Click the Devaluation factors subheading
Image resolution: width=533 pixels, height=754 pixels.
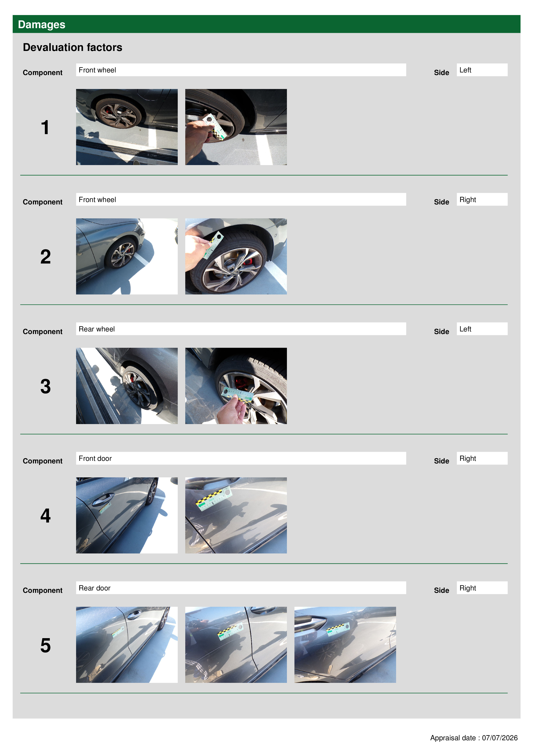click(73, 47)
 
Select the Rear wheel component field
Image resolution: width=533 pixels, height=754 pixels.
click(241, 329)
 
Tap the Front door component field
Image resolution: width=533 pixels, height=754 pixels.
click(241, 458)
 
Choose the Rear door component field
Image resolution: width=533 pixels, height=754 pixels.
click(241, 587)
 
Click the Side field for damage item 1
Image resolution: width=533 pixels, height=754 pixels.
click(482, 70)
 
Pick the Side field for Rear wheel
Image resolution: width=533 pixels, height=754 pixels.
click(482, 329)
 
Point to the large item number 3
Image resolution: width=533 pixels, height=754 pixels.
click(46, 386)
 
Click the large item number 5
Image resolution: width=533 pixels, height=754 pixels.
click(46, 645)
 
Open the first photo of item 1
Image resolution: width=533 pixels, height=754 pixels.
click(127, 127)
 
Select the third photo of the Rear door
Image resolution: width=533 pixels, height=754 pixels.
click(345, 645)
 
